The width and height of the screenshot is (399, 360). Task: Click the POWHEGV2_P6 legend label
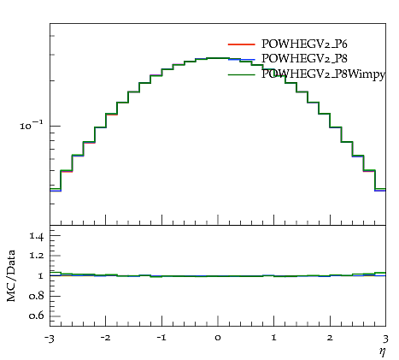pyautogui.click(x=304, y=44)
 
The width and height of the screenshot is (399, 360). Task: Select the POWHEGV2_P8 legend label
pyautogui.click(x=304, y=58)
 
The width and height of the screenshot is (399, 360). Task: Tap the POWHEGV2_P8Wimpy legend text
pyautogui.click(x=323, y=74)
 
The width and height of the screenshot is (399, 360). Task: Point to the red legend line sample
pyautogui.click(x=241, y=44)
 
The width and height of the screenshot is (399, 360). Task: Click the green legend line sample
pyautogui.click(x=241, y=74)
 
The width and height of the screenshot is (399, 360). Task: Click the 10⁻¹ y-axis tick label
pyautogui.click(x=32, y=125)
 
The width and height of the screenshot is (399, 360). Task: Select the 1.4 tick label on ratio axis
pyautogui.click(x=36, y=236)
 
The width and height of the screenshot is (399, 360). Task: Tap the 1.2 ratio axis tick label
pyautogui.click(x=36, y=256)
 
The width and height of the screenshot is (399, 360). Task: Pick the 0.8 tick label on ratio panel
pyautogui.click(x=36, y=296)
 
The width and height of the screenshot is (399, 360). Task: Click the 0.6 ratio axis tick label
pyautogui.click(x=36, y=316)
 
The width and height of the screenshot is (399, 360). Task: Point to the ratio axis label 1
pyautogui.click(x=40, y=276)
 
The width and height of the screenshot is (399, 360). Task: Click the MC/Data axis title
pyautogui.click(x=11, y=275)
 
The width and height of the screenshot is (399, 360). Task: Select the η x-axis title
pyautogui.click(x=383, y=351)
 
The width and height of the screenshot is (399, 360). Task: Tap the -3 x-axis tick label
pyautogui.click(x=49, y=339)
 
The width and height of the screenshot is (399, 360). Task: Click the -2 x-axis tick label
pyautogui.click(x=105, y=338)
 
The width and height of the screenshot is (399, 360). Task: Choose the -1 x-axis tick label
pyautogui.click(x=161, y=338)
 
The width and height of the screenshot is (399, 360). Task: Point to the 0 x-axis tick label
pyautogui.click(x=218, y=338)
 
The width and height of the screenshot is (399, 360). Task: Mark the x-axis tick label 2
pyautogui.click(x=330, y=338)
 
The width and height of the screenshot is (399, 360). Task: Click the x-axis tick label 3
pyautogui.click(x=385, y=339)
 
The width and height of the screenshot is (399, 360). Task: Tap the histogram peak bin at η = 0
pyautogui.click(x=218, y=58)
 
